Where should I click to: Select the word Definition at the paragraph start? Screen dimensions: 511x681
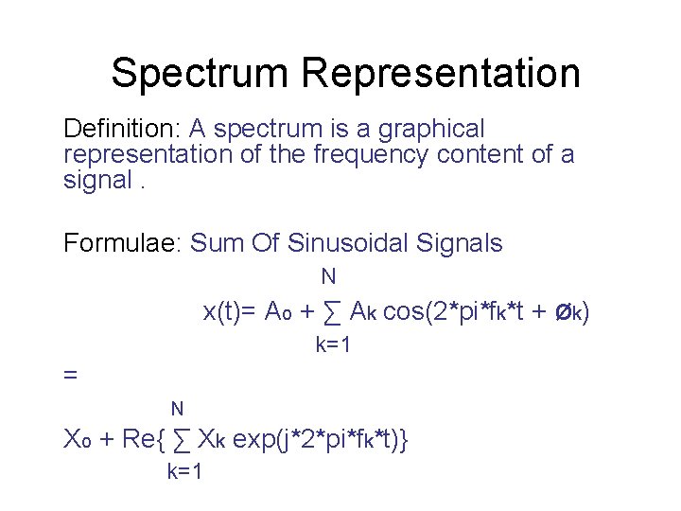[x=122, y=128]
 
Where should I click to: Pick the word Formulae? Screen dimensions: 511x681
[x=122, y=243]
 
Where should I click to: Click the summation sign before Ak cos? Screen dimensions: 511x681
[x=332, y=311]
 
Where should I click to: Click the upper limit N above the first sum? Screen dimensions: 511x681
[x=328, y=277]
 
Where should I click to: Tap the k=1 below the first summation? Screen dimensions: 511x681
[x=333, y=345]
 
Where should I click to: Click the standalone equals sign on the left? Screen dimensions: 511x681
[x=69, y=375]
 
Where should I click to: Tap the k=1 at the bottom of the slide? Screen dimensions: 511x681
[x=184, y=472]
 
